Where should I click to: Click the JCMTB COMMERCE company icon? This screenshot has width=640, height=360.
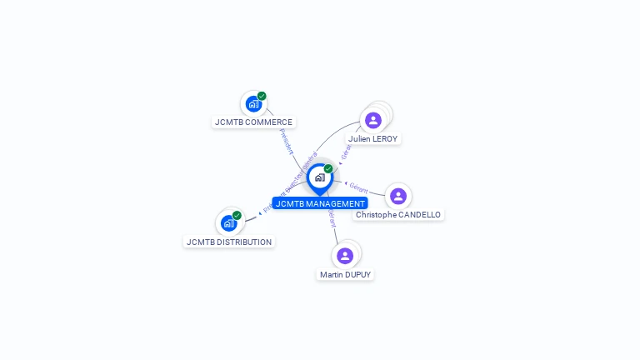click(x=253, y=104)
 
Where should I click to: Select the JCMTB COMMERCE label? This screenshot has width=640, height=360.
click(x=253, y=122)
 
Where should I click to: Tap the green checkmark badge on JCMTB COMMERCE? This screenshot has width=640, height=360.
click(x=262, y=96)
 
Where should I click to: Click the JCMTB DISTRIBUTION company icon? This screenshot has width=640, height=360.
click(x=228, y=223)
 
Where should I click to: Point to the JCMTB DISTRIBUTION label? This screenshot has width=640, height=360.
click(x=229, y=242)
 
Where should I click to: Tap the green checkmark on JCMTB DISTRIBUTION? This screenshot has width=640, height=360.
click(x=237, y=215)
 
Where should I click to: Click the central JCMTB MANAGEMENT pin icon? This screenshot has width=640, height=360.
click(x=319, y=177)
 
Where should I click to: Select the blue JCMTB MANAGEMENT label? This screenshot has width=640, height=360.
click(x=320, y=203)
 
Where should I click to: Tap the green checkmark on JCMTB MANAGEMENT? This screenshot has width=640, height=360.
click(x=328, y=168)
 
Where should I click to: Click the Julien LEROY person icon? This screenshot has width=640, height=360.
click(x=373, y=120)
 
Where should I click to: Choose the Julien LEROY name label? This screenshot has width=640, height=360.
click(x=373, y=138)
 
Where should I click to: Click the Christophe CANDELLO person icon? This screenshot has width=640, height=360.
click(x=397, y=196)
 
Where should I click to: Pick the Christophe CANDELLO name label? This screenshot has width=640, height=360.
click(x=398, y=214)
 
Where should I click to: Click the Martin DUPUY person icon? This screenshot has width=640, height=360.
click(x=345, y=256)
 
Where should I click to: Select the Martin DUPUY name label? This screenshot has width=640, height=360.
click(x=345, y=274)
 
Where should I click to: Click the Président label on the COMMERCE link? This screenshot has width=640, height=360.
click(x=286, y=142)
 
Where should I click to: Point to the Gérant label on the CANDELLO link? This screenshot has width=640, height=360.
click(x=358, y=187)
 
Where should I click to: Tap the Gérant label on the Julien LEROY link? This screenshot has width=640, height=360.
click(x=347, y=150)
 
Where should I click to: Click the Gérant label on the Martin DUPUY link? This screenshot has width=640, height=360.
click(x=332, y=218)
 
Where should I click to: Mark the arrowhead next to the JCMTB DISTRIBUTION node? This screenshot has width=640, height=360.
click(x=259, y=213)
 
